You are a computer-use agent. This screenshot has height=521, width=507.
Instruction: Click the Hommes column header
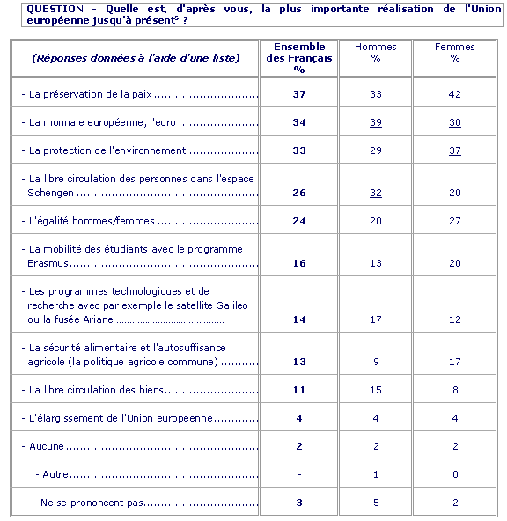pos(376,53)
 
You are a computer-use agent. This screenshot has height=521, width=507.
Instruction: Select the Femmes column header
pos(454,53)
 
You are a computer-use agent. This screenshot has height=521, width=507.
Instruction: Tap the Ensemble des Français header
pos(299,58)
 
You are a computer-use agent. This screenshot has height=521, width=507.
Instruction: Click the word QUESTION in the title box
pos(55,9)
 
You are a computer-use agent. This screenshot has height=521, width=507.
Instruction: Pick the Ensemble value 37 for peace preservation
pos(299,94)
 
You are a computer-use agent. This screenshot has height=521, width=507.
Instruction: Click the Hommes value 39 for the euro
pos(376,122)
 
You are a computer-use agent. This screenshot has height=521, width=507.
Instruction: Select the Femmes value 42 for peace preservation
pos(454,94)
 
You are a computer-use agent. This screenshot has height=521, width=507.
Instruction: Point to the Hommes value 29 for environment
pos(376,150)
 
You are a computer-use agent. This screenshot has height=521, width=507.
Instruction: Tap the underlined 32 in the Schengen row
pos(376,193)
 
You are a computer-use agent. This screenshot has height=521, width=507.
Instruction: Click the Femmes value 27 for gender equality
pos(454,221)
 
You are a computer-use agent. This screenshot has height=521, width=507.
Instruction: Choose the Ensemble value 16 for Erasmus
pos(299,263)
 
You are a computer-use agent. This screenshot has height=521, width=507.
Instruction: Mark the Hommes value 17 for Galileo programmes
pos(376,319)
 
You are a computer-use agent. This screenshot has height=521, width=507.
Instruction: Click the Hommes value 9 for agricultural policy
pos(376,362)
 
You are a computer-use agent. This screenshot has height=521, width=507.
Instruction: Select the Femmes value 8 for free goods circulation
pos(455,390)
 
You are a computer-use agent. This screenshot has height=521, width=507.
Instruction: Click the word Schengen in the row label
pos(50,193)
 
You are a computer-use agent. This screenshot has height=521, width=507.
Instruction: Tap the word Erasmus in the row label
pos(48,263)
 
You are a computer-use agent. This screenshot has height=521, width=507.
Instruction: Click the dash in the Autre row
pos(299,474)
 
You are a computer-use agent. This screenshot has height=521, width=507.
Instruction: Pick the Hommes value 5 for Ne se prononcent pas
pos(376,503)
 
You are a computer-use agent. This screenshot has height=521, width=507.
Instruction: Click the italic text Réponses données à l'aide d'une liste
pos(136,58)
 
